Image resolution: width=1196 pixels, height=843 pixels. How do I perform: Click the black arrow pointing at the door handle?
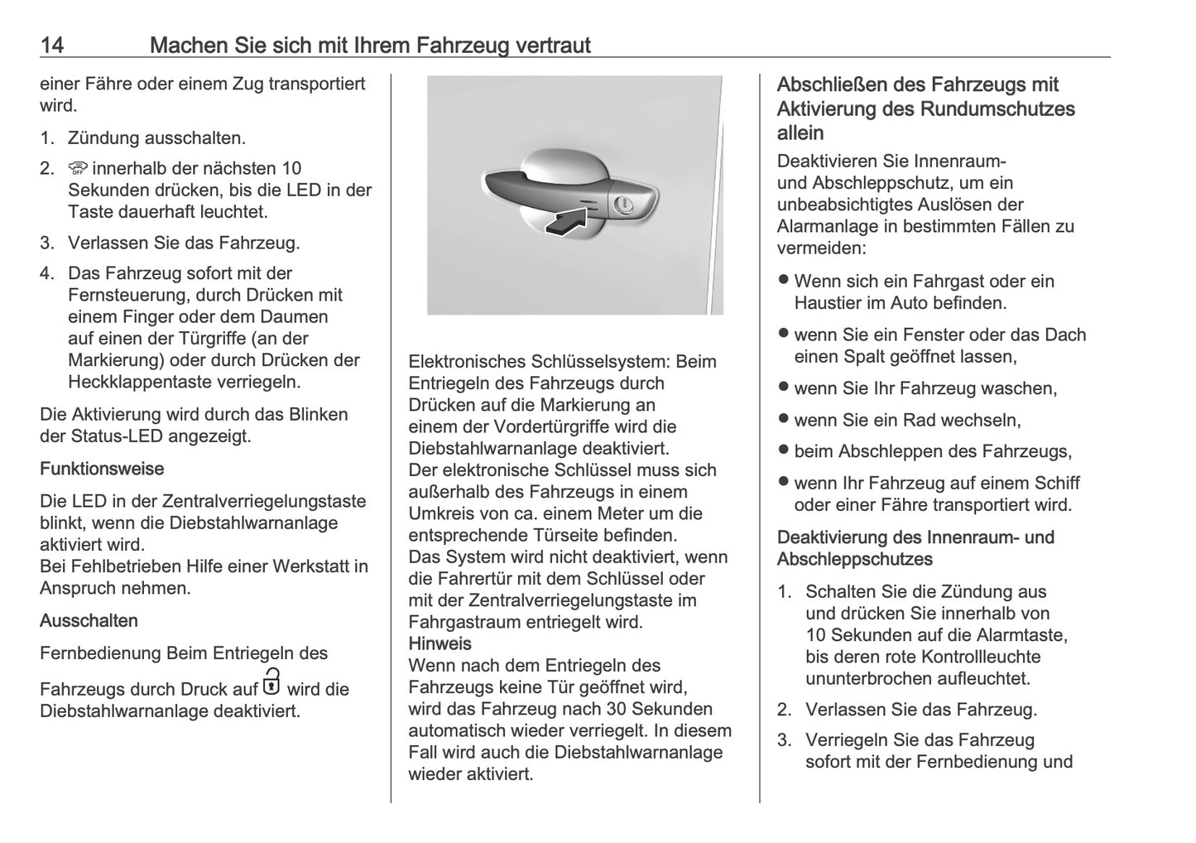pyautogui.click(x=569, y=219)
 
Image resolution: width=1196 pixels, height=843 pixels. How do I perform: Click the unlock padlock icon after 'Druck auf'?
pyautogui.click(x=271, y=683)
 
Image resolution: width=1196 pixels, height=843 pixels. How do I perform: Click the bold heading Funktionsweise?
pyautogui.click(x=102, y=469)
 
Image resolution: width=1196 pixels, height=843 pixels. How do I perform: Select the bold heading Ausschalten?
pyautogui.click(x=89, y=620)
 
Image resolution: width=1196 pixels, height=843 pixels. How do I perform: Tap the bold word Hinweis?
pyautogui.click(x=439, y=643)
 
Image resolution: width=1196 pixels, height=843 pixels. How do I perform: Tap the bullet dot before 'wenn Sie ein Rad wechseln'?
pyautogui.click(x=783, y=419)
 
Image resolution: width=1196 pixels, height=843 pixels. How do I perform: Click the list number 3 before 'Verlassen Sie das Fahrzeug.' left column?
pyautogui.click(x=46, y=243)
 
